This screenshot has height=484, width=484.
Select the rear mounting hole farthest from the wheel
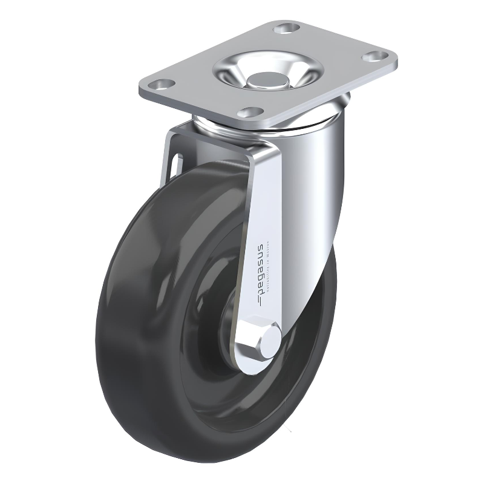(x=285, y=28)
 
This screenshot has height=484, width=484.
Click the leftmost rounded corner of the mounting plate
(x=141, y=84)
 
